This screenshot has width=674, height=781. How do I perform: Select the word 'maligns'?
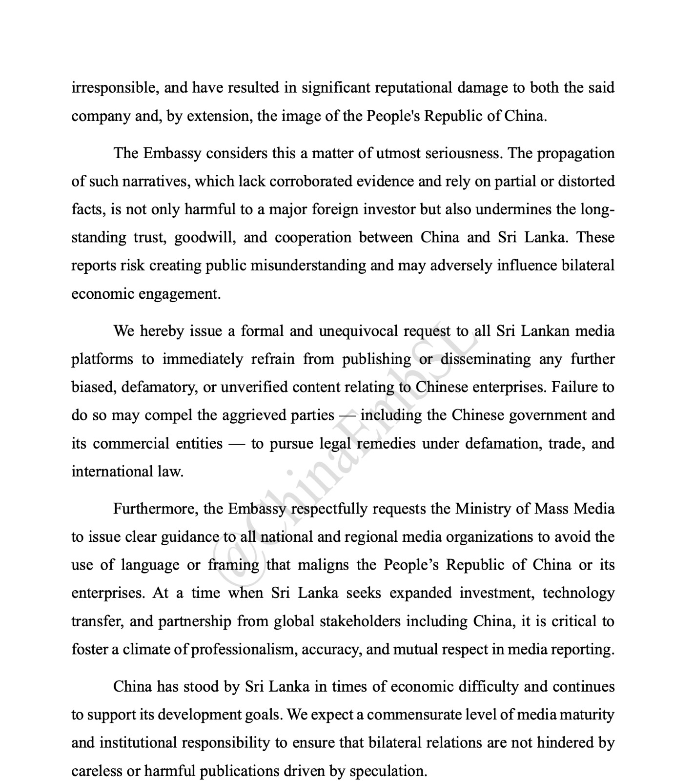pos(323,565)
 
